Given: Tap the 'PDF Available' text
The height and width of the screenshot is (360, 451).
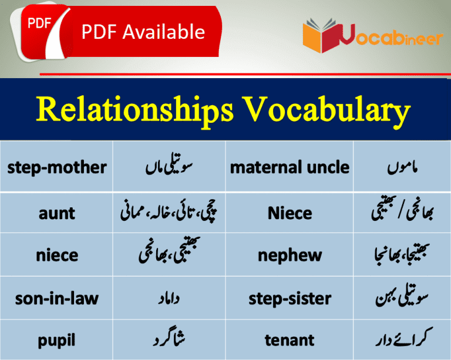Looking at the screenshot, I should point(143,32).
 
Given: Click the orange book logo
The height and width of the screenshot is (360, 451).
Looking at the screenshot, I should point(319,36).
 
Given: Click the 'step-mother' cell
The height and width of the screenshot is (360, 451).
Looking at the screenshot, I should point(57,167).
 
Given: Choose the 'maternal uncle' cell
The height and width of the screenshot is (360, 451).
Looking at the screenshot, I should point(290,167).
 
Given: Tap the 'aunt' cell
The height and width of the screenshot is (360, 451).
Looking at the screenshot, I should point(57,213).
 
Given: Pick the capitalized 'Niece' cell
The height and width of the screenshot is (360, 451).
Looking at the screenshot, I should point(290,213).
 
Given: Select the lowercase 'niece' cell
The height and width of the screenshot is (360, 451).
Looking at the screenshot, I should point(57,255).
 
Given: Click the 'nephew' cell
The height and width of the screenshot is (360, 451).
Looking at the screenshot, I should point(290,255).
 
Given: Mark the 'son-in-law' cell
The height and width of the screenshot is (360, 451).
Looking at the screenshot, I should point(57,298).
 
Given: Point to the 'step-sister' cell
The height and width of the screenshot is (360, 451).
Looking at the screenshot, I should point(290,298).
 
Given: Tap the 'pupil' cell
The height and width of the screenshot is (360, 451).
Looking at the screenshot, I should point(57,340).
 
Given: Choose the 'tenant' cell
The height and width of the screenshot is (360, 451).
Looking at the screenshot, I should point(290,340).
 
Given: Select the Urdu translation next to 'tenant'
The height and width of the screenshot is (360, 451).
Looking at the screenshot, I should point(402,340).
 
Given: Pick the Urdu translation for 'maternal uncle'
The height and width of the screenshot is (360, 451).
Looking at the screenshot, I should point(402,168).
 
